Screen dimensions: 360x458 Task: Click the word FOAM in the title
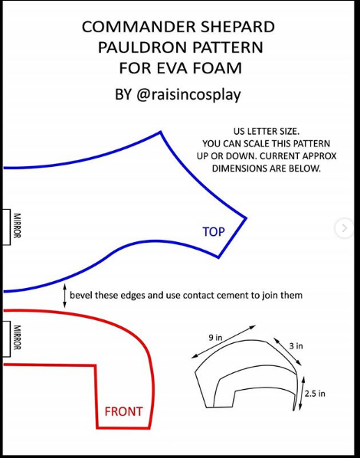coord(218,68)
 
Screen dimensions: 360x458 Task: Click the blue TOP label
coord(214,232)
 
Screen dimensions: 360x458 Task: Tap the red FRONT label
coord(124,411)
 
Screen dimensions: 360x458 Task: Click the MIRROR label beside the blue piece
coord(18,225)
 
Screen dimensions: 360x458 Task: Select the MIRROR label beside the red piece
coord(18,337)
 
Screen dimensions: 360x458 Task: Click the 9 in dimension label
coord(215,338)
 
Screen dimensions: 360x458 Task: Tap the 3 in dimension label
coord(296,346)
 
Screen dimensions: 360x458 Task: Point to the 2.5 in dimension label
coord(315,394)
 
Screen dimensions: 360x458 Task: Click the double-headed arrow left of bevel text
coord(64,296)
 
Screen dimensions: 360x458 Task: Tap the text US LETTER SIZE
coord(267,132)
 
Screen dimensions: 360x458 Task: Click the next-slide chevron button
coord(344,227)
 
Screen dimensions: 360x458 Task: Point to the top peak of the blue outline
coord(160,132)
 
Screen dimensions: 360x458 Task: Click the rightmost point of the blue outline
coord(246,218)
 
